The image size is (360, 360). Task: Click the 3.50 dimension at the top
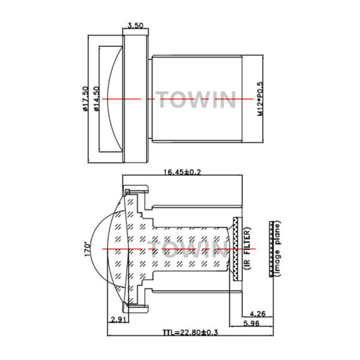[x=135, y=25]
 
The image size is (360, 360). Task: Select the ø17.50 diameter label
[x=85, y=99]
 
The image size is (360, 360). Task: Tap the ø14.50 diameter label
[x=97, y=99]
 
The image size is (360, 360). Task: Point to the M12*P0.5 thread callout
[x=260, y=99]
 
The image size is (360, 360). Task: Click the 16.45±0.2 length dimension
[x=182, y=172]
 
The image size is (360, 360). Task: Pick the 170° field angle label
[x=87, y=249]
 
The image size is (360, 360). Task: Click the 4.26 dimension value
[x=257, y=314]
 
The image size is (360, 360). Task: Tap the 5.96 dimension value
[x=251, y=323]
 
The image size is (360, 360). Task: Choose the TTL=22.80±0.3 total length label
[x=190, y=332]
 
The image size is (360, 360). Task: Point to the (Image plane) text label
[x=278, y=248]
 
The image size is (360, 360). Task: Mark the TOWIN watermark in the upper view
[x=196, y=99]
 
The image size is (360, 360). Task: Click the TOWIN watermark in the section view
[x=188, y=250]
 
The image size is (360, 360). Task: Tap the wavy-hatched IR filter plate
[x=238, y=248]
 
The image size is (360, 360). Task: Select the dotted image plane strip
[x=271, y=249]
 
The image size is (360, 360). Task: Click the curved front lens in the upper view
[x=115, y=99]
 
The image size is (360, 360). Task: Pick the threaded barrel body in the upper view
[x=197, y=99]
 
